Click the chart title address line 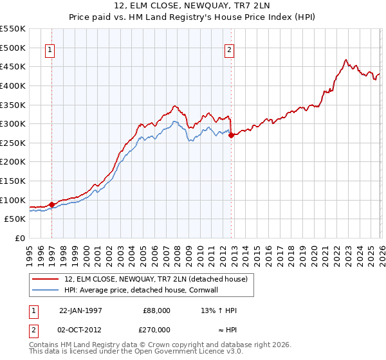tap(193, 6)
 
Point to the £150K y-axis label tap(12, 162)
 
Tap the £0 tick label tap(19, 238)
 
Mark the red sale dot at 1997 tap(52, 204)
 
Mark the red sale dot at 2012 tap(231, 135)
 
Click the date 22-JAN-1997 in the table tap(80, 310)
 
